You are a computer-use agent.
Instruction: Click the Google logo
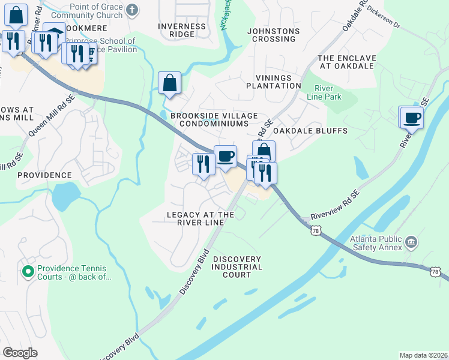click(x=20, y=353)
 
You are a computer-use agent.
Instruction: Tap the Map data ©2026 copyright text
click(x=423, y=355)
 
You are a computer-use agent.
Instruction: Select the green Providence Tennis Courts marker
click(x=28, y=272)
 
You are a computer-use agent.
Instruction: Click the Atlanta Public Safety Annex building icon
click(x=412, y=242)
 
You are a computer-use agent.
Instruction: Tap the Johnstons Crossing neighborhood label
click(x=274, y=34)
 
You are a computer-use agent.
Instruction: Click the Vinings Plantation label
click(x=273, y=82)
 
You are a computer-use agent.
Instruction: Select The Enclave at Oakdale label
click(x=346, y=62)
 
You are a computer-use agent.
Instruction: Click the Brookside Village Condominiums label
click(x=214, y=119)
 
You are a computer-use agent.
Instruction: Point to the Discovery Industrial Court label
click(x=237, y=266)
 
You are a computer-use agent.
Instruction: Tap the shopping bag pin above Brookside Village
click(x=170, y=83)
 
